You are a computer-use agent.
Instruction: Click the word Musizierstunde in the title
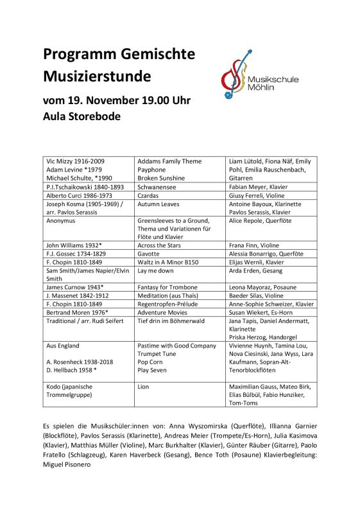(x=97, y=76)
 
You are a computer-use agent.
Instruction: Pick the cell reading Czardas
(x=151, y=195)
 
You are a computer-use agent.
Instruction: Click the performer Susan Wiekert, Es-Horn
(x=263, y=312)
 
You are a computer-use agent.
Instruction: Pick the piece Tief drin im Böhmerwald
(x=172, y=320)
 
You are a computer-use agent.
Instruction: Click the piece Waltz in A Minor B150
(x=168, y=261)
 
